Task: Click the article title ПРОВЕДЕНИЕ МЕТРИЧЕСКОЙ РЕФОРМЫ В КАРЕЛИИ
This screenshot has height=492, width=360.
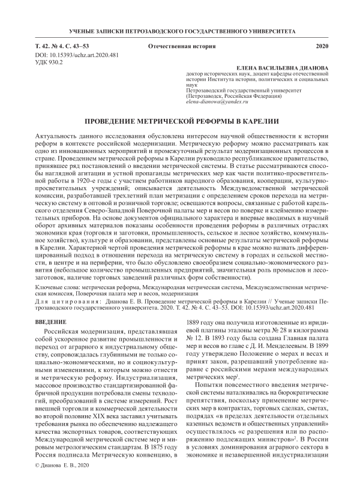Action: point(180,121)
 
